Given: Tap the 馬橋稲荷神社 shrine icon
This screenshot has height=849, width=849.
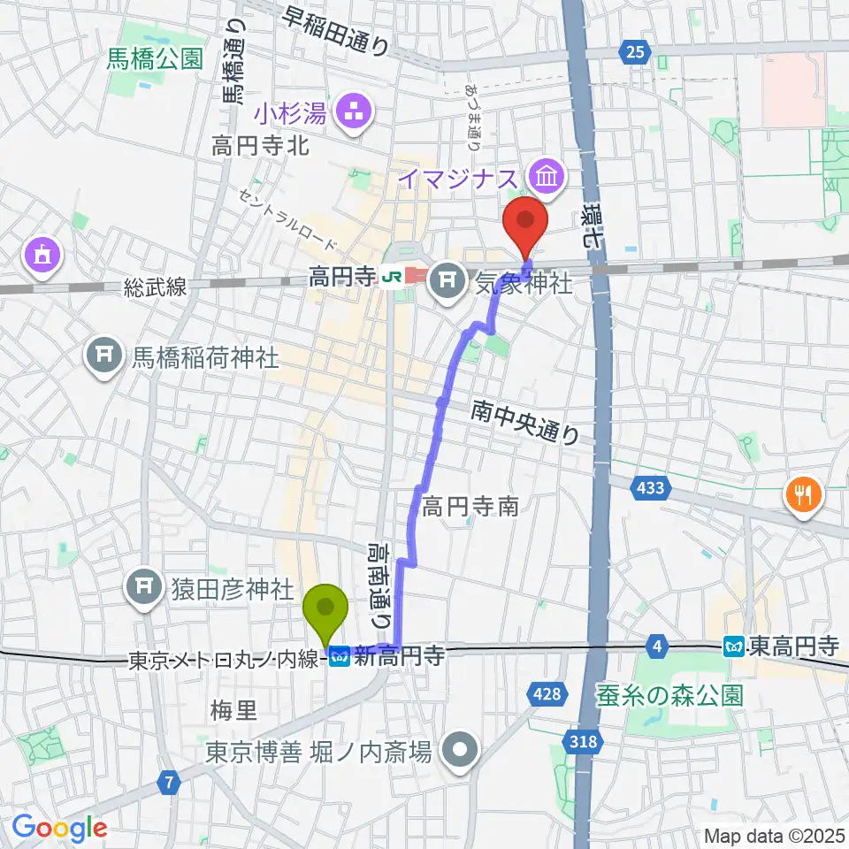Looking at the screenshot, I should [x=104, y=356].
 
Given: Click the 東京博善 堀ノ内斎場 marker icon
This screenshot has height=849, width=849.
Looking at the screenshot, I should [x=460, y=752].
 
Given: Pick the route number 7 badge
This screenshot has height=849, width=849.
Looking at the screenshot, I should [x=168, y=781].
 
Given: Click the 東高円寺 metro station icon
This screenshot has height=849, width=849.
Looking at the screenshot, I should [x=733, y=647].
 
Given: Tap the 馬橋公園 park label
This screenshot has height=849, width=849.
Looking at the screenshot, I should [x=155, y=59].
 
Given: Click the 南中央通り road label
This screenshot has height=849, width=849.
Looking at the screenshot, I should [x=525, y=422].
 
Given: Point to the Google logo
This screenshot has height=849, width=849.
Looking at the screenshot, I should [x=59, y=828].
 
